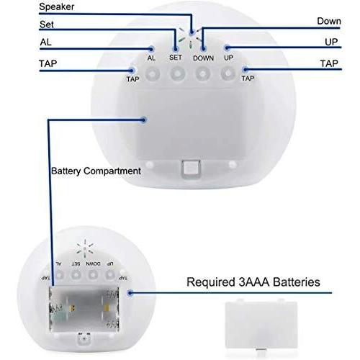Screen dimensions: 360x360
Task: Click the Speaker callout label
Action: coord(57,6)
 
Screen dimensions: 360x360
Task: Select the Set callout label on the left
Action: coord(47,24)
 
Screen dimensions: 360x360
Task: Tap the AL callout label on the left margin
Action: coord(45,42)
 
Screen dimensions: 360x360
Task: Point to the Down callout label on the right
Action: coord(329,21)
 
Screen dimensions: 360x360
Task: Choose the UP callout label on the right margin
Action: coord(331,42)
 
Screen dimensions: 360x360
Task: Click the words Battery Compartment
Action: coord(96,171)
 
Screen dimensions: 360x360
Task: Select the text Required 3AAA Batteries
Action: coord(253,282)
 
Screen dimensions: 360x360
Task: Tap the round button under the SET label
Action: coord(178,73)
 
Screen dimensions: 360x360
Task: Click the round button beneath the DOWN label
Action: coord(203,73)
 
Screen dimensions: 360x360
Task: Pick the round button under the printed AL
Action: coord(153,73)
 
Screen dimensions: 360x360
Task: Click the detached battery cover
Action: coord(261,324)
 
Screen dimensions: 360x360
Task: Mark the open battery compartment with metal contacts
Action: coord(84,309)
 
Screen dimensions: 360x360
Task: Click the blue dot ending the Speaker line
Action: coord(192,32)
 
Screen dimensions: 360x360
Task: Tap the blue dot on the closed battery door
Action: coord(143,120)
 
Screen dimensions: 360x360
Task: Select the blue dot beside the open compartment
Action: coord(130,293)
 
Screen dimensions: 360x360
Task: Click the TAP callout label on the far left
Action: coord(48,63)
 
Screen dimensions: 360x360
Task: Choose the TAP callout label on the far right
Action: coord(329,63)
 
